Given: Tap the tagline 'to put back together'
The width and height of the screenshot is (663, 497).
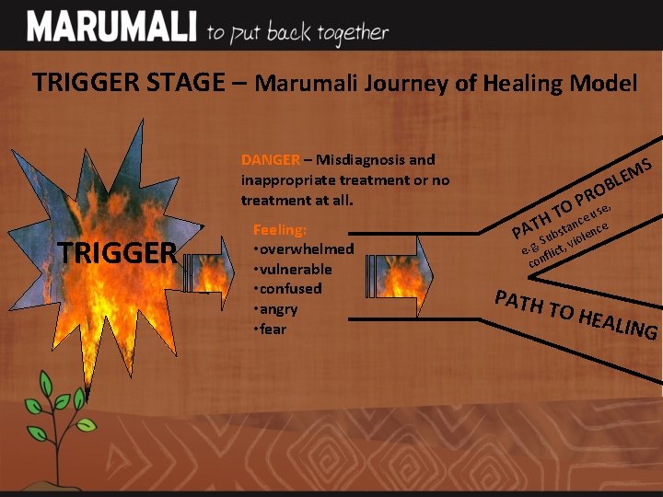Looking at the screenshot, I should tap(297, 32).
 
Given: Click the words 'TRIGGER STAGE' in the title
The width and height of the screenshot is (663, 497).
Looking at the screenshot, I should tap(128, 82).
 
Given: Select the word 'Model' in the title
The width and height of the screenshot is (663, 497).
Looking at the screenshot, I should tap(603, 83).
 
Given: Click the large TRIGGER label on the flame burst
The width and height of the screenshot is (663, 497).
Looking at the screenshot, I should tap(117, 252).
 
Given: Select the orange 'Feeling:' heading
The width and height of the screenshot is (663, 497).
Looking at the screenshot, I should tap(279, 230).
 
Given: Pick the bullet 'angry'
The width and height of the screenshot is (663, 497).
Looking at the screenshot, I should tap(279, 308).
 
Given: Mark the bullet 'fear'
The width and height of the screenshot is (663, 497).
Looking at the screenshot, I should tap(273, 329).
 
